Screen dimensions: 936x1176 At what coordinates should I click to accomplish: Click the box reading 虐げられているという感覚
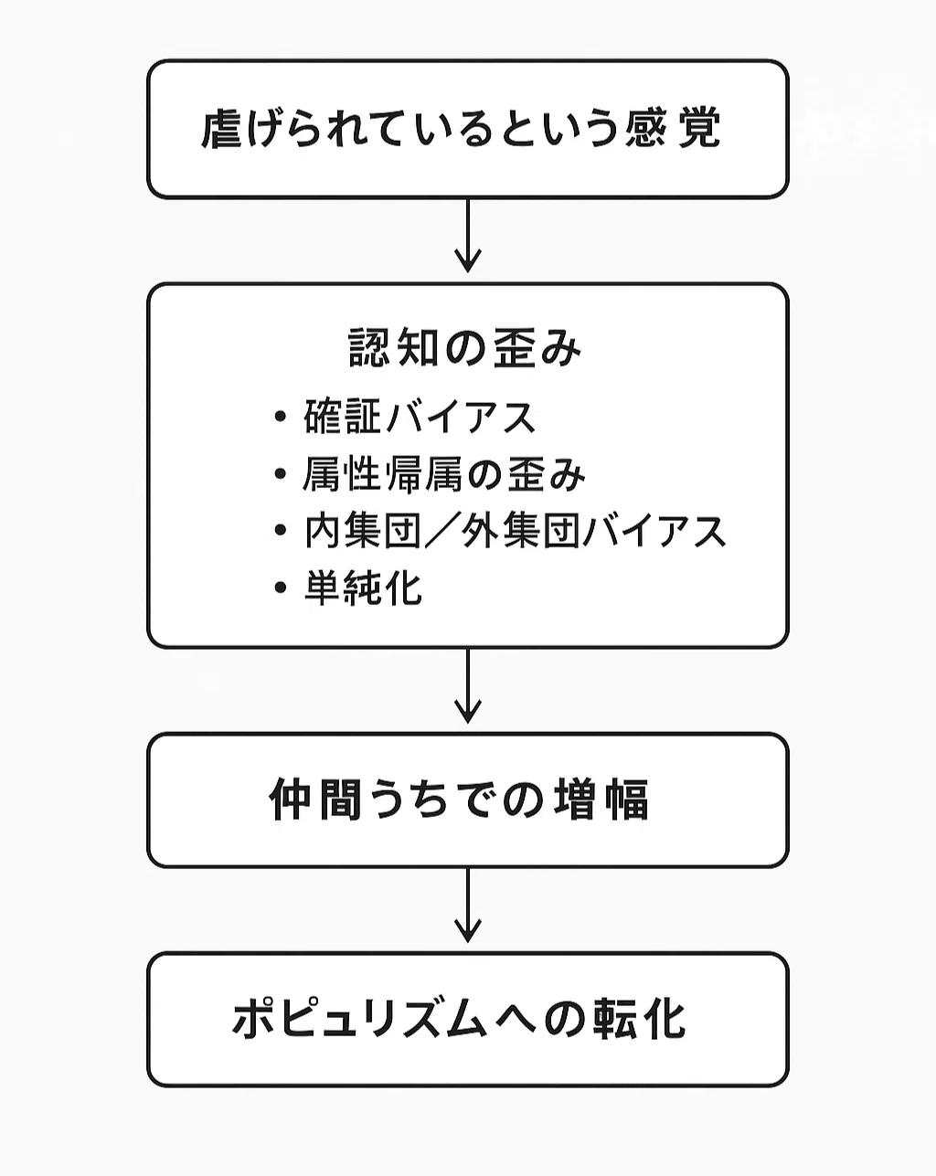point(467,129)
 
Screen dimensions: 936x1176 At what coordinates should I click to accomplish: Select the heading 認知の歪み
point(464,348)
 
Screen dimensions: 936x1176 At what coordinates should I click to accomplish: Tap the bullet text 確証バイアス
point(420,417)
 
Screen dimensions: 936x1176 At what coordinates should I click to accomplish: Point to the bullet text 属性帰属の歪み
point(444,474)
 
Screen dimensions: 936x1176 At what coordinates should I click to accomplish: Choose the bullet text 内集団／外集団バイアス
point(515,531)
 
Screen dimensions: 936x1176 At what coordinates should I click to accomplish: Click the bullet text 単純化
point(363,588)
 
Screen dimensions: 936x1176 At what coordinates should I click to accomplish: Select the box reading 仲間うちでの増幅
point(467,800)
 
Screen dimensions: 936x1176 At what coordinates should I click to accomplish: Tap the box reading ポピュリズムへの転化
point(467,1020)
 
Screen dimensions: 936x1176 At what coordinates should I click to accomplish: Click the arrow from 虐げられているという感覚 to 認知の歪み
point(468,235)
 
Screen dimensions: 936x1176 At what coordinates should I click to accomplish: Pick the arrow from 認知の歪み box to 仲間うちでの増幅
point(468,686)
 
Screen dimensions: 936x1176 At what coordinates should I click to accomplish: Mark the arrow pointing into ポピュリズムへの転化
point(468,906)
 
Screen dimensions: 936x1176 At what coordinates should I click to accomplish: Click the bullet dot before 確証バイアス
point(281,417)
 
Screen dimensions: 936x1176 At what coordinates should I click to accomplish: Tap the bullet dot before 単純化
point(281,588)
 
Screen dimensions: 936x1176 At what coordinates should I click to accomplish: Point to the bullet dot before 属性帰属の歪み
point(281,474)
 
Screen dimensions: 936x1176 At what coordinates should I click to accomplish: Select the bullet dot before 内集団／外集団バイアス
point(281,530)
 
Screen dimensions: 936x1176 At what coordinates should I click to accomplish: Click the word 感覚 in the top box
point(673,129)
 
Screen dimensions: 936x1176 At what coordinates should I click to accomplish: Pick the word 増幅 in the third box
point(601,800)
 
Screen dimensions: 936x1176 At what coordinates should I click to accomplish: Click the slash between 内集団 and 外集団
point(441,531)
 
